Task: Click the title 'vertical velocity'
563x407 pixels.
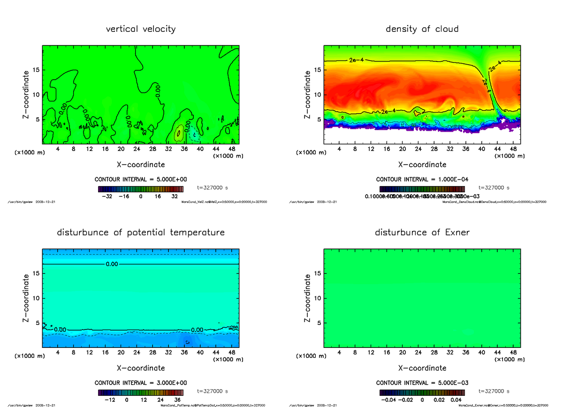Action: (x=141, y=29)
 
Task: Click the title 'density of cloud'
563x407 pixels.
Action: (x=422, y=29)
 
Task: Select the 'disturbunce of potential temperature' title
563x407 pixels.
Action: (x=141, y=233)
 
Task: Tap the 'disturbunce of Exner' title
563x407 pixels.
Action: (x=422, y=233)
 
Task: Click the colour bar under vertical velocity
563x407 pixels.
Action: (x=141, y=189)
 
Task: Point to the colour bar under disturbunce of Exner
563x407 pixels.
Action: (x=422, y=392)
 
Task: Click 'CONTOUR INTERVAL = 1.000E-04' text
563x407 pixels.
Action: (x=422, y=180)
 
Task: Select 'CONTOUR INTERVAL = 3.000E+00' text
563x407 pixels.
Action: (x=141, y=383)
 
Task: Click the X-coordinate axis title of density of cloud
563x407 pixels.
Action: (x=422, y=165)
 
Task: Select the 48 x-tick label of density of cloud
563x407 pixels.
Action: (x=514, y=149)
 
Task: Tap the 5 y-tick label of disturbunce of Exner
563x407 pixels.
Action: (x=319, y=323)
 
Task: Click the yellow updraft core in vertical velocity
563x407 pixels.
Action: (x=179, y=134)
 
